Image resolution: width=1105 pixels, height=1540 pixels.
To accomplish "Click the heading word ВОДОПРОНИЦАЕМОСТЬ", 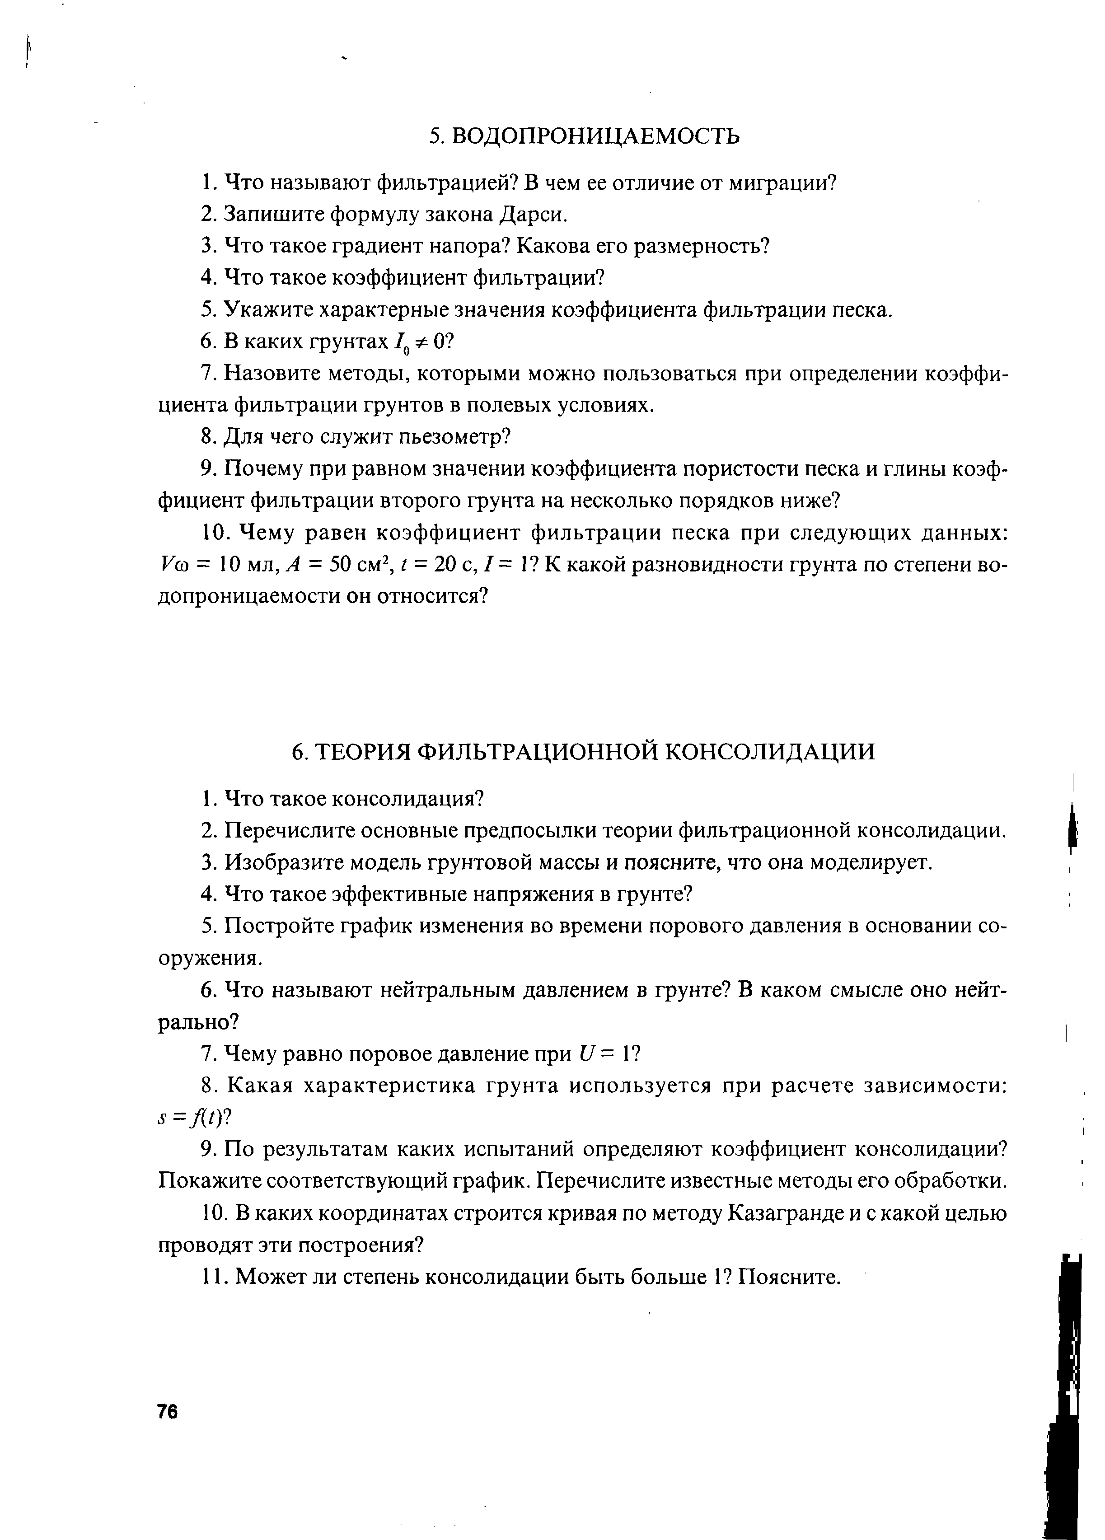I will coord(595,136).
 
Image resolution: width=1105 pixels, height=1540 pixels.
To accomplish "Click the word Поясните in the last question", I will coord(790,1277).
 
